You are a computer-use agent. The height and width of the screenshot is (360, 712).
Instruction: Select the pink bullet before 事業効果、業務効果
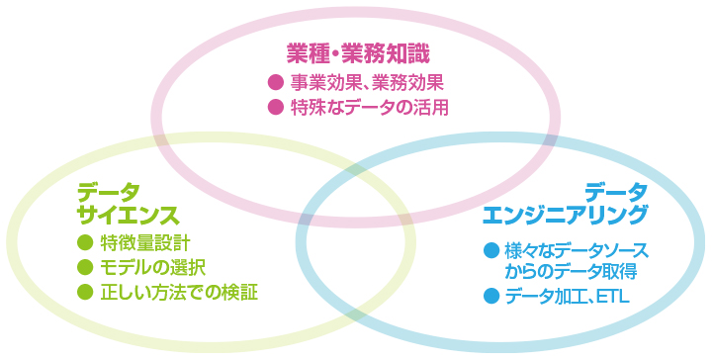pyautogui.click(x=276, y=81)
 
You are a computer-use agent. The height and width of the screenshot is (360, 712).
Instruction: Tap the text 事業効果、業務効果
pyautogui.click(x=367, y=81)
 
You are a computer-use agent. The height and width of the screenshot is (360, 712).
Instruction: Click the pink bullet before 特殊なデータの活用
pyautogui.click(x=276, y=106)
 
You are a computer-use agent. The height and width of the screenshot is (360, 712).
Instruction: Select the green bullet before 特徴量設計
pyautogui.click(x=84, y=242)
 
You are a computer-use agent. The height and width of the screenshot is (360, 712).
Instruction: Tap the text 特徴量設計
pyautogui.click(x=145, y=242)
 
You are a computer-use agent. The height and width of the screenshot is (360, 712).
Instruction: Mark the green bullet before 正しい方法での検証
pyautogui.click(x=84, y=292)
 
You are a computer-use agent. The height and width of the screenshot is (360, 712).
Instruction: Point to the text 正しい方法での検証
pyautogui.click(x=184, y=292)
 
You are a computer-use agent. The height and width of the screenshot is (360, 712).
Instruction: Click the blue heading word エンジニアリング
pyautogui.click(x=566, y=214)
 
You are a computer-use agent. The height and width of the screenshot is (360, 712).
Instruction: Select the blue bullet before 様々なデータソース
pyautogui.click(x=489, y=249)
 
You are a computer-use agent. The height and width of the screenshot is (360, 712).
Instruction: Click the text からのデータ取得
pyautogui.click(x=570, y=271)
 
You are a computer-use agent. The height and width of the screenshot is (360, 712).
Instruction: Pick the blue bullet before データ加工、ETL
pyautogui.click(x=489, y=296)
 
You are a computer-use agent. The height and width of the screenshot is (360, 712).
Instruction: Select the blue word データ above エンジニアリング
pyautogui.click(x=615, y=190)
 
